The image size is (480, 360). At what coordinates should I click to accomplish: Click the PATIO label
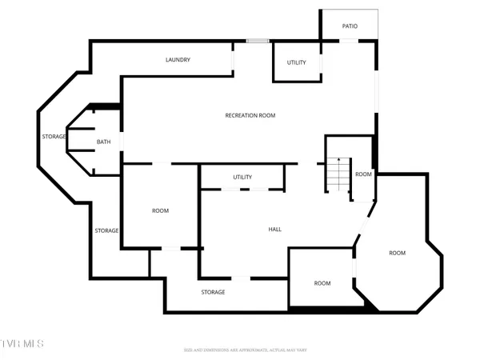[x=350, y=26]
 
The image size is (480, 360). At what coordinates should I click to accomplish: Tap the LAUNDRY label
[x=178, y=60]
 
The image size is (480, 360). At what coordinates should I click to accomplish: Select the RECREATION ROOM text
[x=250, y=115]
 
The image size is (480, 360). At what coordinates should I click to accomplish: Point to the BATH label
[x=104, y=142]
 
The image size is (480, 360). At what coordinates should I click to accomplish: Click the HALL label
[x=274, y=230]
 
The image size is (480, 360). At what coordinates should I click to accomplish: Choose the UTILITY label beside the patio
[x=296, y=62]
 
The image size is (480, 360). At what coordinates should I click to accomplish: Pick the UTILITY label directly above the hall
[x=242, y=177]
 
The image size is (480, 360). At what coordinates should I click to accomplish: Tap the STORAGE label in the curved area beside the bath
[x=54, y=137]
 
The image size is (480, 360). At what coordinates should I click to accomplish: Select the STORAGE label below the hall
[x=213, y=292]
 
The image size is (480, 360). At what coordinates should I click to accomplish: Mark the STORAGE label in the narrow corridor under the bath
[x=106, y=230]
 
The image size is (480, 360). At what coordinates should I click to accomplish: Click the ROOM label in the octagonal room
[x=398, y=253]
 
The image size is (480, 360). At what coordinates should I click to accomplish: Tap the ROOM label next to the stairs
[x=363, y=174]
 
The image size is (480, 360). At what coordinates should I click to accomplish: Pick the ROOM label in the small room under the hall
[x=322, y=283]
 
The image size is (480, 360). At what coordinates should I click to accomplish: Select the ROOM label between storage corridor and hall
[x=160, y=210]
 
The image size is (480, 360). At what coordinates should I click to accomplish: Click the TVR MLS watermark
[x=22, y=344]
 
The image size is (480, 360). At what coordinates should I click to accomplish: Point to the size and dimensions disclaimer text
[x=245, y=350]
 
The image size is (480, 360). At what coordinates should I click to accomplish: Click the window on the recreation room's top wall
[x=258, y=41]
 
